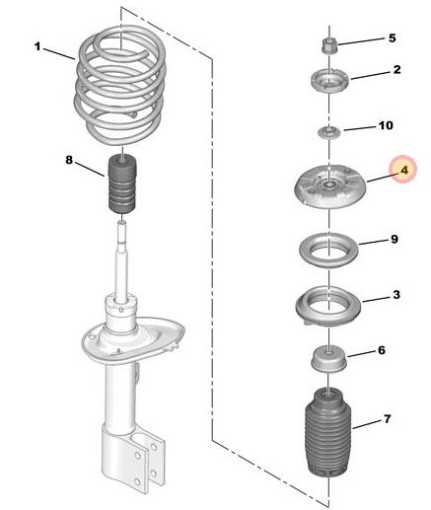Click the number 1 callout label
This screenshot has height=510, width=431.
(37, 46)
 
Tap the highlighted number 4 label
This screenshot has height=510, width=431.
(404, 170)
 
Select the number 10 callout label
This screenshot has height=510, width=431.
(385, 125)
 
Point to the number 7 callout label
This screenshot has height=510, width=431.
(388, 419)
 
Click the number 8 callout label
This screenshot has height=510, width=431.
(69, 160)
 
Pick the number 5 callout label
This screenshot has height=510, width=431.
(392, 38)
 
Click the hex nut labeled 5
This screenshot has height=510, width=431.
(328, 45)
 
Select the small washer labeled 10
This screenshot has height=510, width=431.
(329, 133)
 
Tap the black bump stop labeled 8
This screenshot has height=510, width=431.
(122, 184)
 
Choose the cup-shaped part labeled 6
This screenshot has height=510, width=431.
(328, 360)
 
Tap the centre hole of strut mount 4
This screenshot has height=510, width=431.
(328, 185)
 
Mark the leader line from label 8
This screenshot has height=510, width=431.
(90, 170)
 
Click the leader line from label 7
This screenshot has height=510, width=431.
(368, 424)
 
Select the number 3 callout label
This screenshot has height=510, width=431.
(396, 295)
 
